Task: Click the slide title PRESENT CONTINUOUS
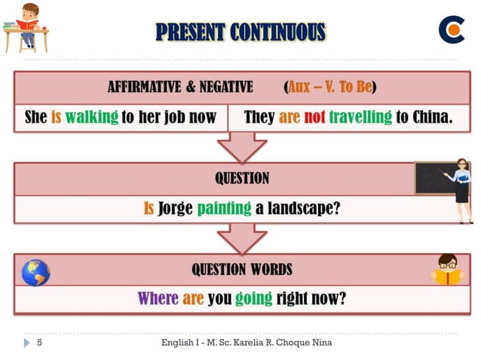coord(240,32)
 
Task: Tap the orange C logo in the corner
coord(452,29)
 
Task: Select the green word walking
coord(92,117)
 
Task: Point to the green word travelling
coord(360,117)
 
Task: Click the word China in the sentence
coord(432,117)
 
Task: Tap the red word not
coord(314,117)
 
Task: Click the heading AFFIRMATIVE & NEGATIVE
coord(180,87)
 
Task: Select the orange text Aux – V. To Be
coord(331,87)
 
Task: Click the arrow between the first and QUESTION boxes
coord(242,147)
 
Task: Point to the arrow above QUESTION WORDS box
coord(242,238)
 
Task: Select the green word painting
coord(224,208)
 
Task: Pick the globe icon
coord(35,272)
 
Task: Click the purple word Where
coord(158,298)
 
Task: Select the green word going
coord(253,298)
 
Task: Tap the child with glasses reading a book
coord(448,269)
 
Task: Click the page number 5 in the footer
coord(39,343)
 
